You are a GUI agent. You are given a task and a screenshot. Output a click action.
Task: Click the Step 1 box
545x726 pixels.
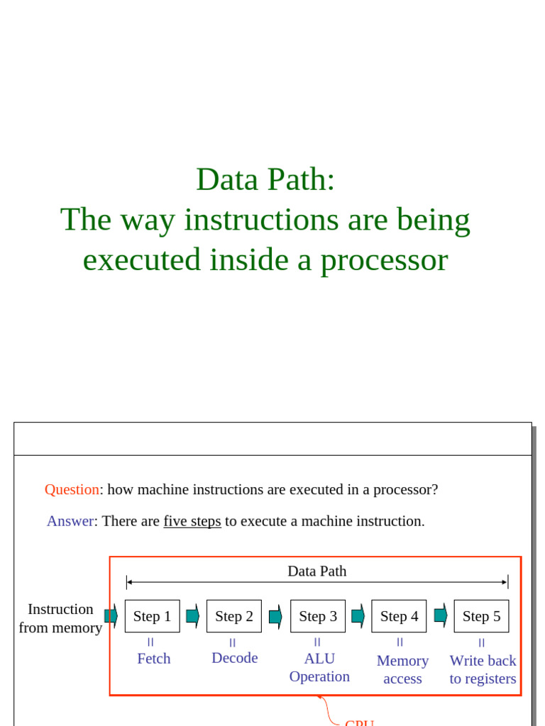click(x=152, y=616)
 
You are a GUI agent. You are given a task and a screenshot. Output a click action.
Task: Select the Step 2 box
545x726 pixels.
click(x=234, y=616)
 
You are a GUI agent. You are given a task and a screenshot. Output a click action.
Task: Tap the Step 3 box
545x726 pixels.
click(x=318, y=616)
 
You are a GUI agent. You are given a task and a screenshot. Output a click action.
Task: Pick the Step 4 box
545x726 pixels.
click(x=399, y=616)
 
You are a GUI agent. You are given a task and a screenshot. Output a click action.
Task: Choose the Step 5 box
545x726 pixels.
click(x=481, y=616)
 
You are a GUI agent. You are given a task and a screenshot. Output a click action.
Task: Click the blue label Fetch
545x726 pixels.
click(x=154, y=659)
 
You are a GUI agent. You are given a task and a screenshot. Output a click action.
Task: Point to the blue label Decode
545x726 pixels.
click(x=234, y=658)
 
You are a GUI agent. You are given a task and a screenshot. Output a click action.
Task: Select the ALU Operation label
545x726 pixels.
click(x=319, y=667)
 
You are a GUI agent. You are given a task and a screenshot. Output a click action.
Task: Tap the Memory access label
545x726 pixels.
click(x=402, y=669)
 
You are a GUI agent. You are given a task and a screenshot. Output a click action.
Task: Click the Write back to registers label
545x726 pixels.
click(x=483, y=669)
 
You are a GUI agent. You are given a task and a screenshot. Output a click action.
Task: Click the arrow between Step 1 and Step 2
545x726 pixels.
click(x=193, y=616)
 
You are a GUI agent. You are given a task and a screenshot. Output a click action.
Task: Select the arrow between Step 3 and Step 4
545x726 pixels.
click(x=358, y=616)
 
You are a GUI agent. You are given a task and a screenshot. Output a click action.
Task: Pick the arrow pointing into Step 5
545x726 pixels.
click(x=441, y=615)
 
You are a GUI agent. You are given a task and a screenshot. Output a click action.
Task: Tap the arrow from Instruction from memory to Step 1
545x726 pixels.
click(x=111, y=615)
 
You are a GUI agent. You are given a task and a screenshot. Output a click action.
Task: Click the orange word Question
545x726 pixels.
click(x=72, y=490)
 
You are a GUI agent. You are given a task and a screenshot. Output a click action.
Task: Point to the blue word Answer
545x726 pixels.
click(x=70, y=521)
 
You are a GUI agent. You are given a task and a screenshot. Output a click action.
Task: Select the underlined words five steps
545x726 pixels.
click(x=192, y=521)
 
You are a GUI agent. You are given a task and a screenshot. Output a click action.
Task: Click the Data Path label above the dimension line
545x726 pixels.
click(x=317, y=571)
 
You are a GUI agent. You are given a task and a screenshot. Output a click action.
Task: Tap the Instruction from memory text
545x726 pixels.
click(x=60, y=618)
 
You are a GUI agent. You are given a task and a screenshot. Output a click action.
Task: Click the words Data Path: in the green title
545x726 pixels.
click(x=265, y=179)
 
